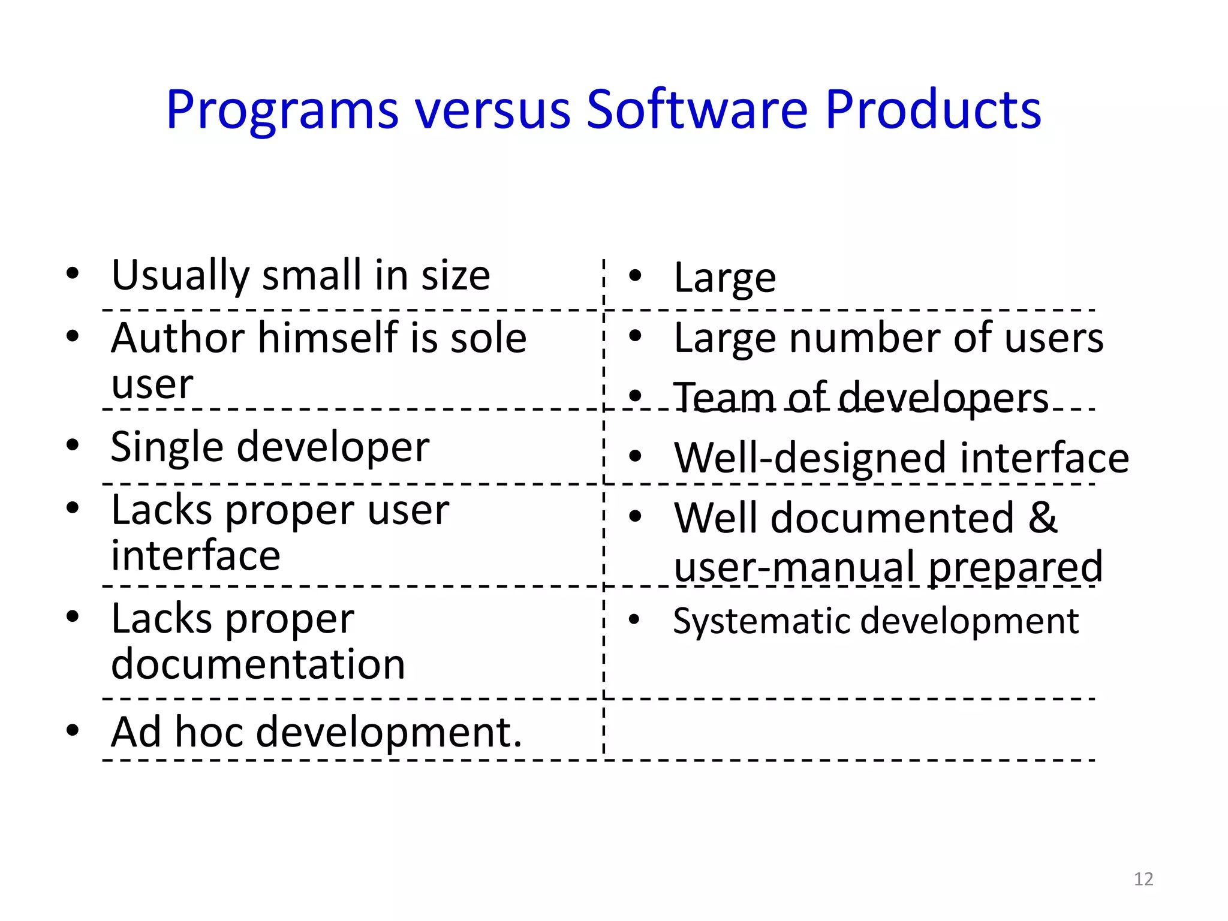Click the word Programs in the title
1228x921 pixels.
click(282, 111)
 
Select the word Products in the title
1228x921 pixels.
click(933, 110)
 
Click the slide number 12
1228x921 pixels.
click(1143, 879)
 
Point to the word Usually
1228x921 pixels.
click(180, 276)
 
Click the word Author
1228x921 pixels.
click(176, 338)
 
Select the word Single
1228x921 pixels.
click(167, 447)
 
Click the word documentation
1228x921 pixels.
click(258, 664)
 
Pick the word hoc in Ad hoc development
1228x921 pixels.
click(209, 732)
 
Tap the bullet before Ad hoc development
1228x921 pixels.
click(73, 730)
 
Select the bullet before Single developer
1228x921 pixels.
click(73, 445)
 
